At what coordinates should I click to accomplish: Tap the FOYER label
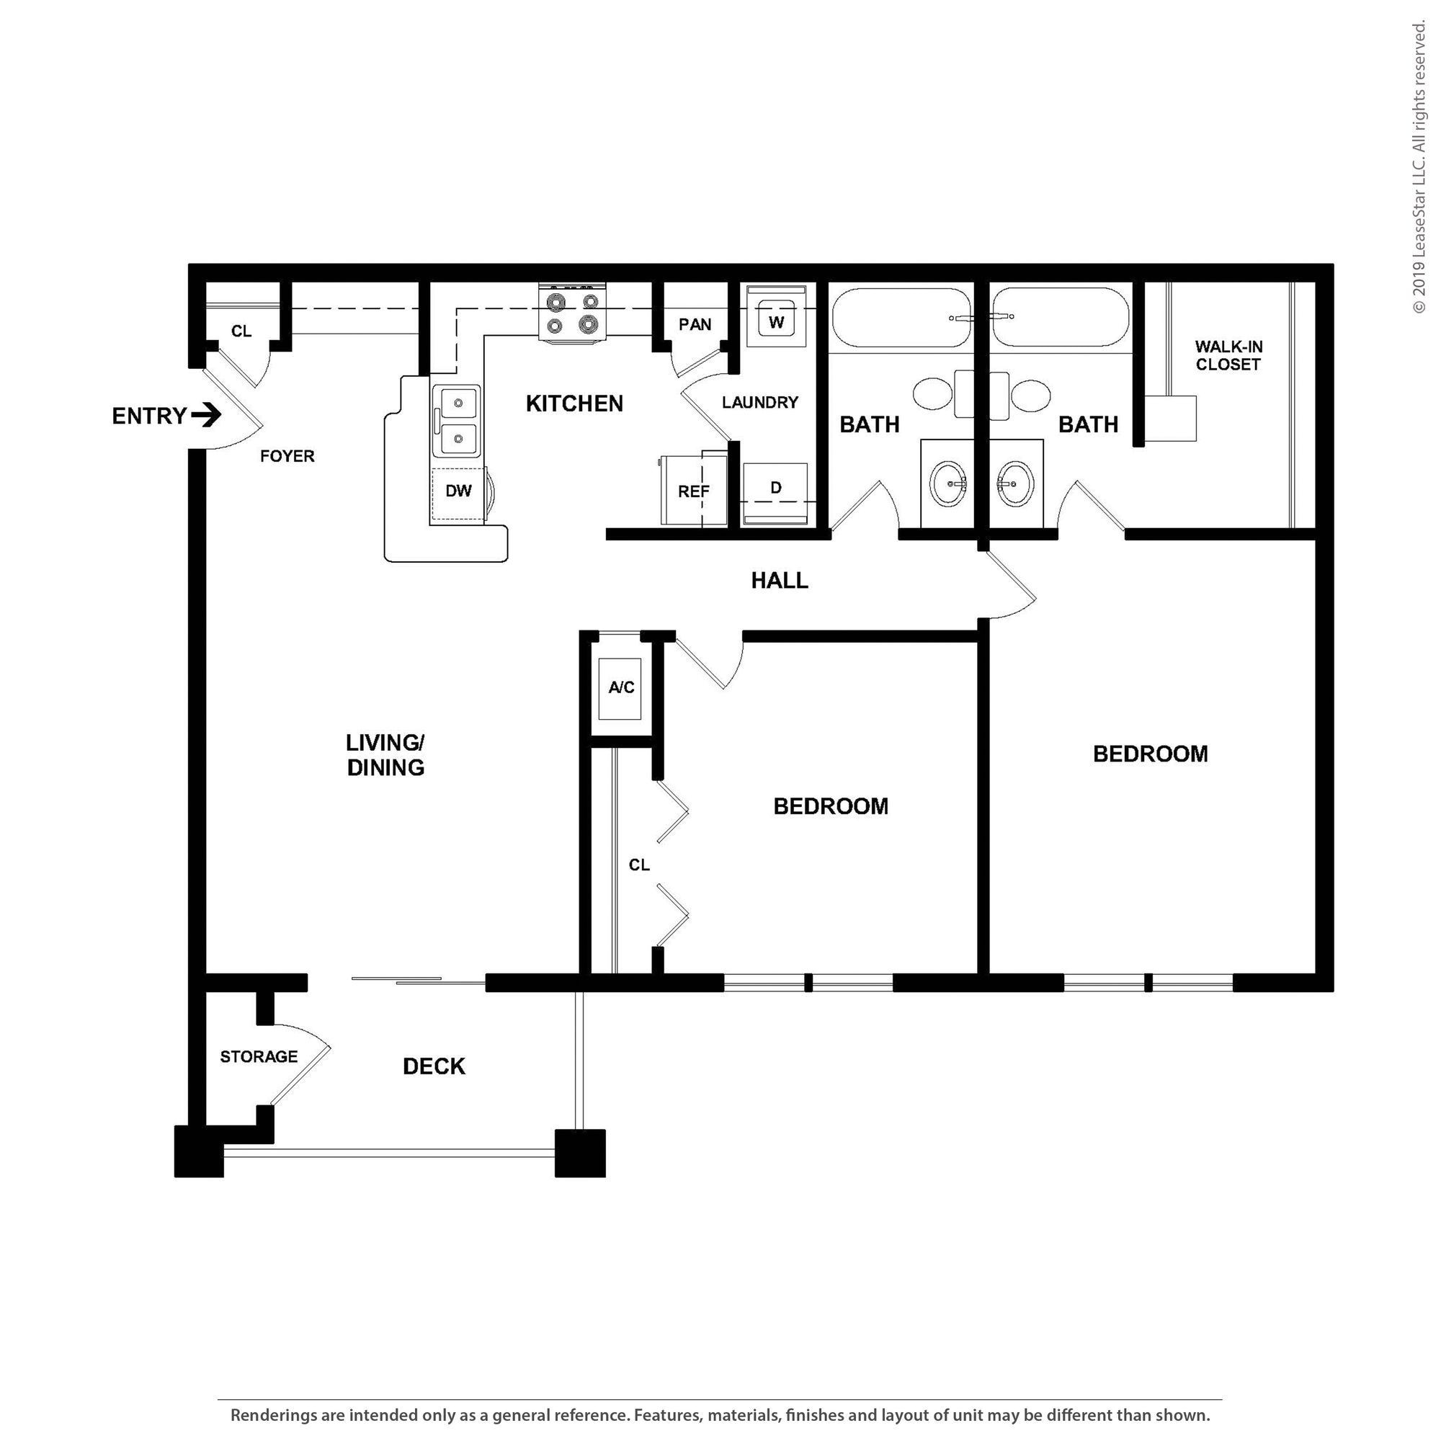tap(287, 456)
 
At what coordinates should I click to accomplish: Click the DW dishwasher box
tap(458, 491)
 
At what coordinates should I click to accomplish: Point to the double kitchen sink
tap(458, 420)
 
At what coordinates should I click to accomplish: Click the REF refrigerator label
tap(693, 492)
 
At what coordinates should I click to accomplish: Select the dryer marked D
tap(776, 488)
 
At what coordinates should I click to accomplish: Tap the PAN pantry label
tap(695, 324)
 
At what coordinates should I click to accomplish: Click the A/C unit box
tap(620, 687)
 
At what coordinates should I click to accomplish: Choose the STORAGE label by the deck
tap(259, 1056)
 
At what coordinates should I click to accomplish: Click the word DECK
tap(433, 1066)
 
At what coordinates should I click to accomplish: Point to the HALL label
tap(780, 580)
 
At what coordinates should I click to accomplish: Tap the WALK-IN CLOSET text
tap(1228, 356)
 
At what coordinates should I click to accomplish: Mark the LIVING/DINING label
tap(385, 755)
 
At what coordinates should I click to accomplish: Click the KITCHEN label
tap(574, 403)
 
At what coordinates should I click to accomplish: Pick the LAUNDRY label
tap(759, 403)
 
